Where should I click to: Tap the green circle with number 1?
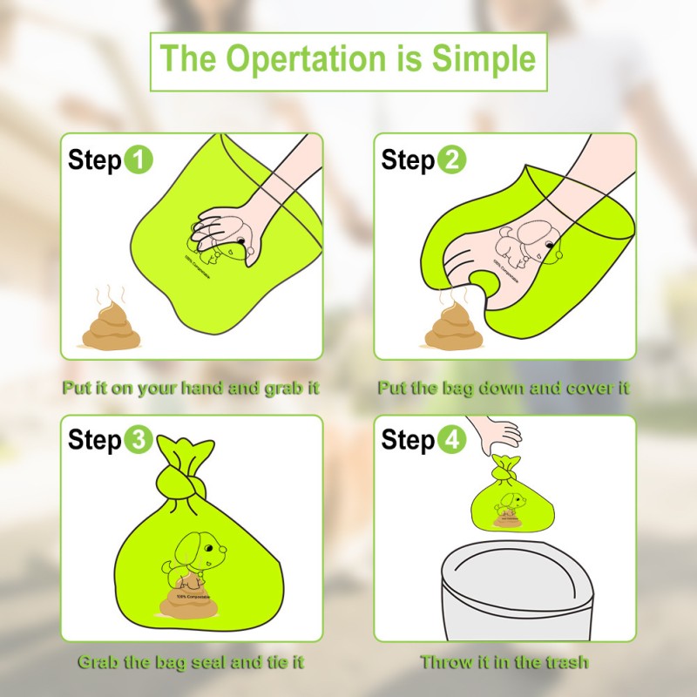coord(139,160)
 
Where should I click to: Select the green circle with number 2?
coord(451,160)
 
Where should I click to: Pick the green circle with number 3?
coord(139,440)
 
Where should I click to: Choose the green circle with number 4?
coord(451,440)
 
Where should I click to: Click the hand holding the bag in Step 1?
coord(228,229)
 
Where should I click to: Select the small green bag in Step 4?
coord(510,501)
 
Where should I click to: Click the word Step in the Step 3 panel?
coord(94,440)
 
